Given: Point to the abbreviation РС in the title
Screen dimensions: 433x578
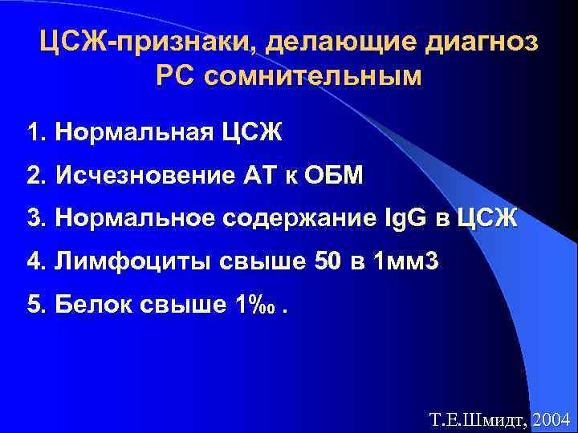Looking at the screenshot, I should coord(174,77).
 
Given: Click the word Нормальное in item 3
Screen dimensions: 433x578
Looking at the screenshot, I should coord(131,218).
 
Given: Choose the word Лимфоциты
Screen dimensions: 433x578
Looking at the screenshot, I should coord(120,261).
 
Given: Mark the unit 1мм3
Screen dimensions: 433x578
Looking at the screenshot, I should coord(407,261).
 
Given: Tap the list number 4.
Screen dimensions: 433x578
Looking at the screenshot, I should coord(33,261).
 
